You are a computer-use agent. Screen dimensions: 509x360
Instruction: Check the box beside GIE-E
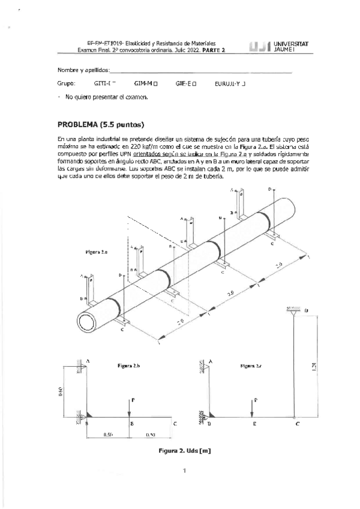point(194,84)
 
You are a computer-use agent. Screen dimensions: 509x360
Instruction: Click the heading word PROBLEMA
point(77,125)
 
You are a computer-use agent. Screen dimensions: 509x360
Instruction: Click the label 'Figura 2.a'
point(97,253)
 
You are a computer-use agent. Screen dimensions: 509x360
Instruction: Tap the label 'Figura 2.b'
point(128,366)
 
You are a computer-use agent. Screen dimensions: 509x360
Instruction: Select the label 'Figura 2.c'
point(252,365)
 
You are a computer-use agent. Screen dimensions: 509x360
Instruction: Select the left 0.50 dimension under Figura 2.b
point(109,433)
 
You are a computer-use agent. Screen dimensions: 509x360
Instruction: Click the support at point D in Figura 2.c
point(294,312)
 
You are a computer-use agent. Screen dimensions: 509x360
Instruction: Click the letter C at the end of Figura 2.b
point(175,424)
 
